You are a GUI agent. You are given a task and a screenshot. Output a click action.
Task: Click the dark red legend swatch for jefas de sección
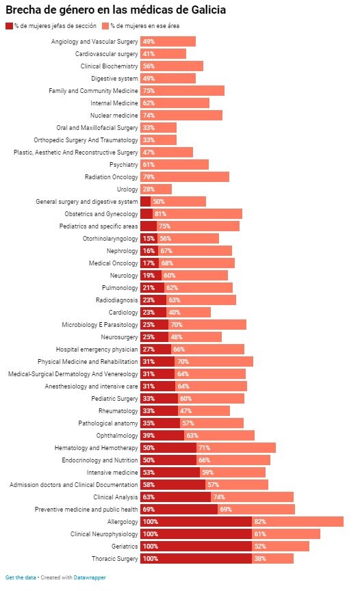9,26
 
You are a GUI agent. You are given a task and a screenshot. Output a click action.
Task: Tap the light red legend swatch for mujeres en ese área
105,26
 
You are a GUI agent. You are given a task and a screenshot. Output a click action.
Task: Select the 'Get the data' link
21,577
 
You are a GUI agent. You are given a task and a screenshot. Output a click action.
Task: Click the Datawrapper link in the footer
90,577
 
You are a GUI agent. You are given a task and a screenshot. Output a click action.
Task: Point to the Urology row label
127,189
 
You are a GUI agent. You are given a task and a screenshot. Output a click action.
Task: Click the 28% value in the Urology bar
149,189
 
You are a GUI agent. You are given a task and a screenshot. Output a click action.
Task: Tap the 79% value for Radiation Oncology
149,176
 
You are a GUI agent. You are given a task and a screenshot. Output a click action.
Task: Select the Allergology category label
123,522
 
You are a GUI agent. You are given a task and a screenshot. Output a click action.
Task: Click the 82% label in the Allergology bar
260,522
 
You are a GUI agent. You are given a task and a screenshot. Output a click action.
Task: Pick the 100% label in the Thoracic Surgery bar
151,559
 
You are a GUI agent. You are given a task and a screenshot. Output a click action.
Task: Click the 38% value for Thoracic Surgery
260,559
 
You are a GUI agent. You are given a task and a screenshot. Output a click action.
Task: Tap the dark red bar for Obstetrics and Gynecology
146,213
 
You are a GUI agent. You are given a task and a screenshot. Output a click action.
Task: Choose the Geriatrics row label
125,546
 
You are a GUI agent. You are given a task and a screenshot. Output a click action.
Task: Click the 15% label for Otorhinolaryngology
149,239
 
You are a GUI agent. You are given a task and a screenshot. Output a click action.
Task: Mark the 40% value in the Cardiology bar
174,313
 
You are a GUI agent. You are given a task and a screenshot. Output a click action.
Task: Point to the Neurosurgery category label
119,337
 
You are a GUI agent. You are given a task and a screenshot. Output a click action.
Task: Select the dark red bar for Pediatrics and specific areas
149,226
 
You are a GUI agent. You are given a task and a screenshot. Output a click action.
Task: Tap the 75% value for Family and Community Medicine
149,91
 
